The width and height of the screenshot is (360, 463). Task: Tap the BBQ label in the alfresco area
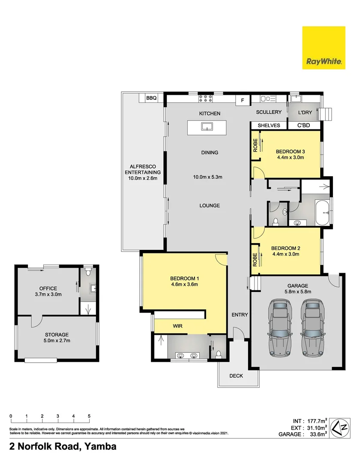tap(151, 98)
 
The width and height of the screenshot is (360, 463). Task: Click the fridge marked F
tap(243, 101)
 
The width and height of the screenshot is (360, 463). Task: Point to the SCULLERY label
tap(269, 112)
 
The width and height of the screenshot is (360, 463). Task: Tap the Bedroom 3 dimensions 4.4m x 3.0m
tap(290, 157)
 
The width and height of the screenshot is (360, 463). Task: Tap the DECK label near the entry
tap(236, 376)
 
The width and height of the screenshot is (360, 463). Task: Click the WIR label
tap(178, 326)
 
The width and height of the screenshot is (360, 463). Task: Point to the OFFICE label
tap(48, 289)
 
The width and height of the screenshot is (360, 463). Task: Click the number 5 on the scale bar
tap(89, 416)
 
